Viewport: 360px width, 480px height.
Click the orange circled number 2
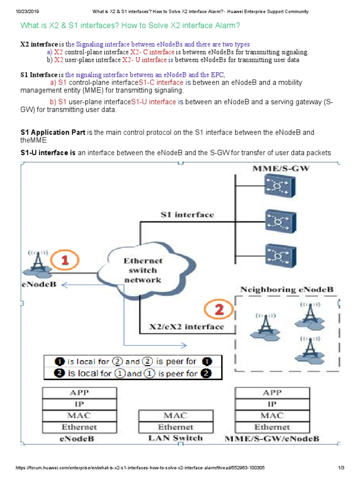coord(218,310)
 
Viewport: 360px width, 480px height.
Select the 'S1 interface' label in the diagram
coord(187,215)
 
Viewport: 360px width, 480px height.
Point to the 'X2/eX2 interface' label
coord(186,327)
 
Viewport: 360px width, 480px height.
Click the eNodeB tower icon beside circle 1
coord(37,264)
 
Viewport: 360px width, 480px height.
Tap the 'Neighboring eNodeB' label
coord(287,289)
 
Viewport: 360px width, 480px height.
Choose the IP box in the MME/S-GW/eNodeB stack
coord(272,404)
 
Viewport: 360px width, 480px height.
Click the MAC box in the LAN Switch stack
coord(175,415)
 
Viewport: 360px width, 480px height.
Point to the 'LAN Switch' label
coord(175,438)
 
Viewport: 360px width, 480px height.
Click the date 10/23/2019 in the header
coord(16,11)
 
